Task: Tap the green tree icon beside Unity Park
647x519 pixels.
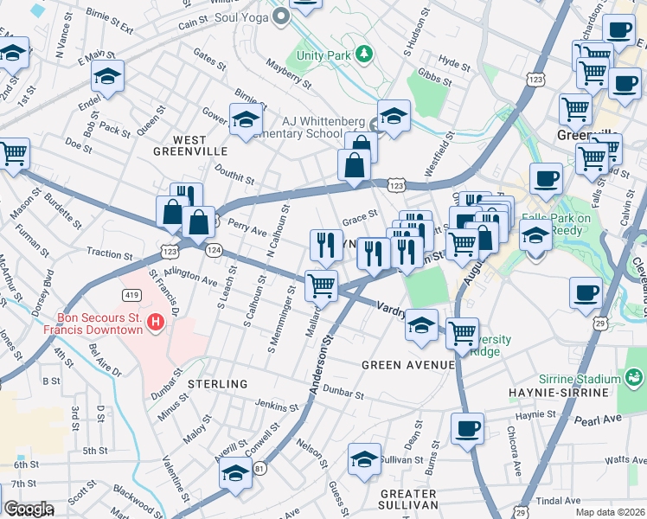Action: [364, 54]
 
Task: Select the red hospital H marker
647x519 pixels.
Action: [155, 324]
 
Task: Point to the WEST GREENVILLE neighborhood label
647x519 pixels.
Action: [177, 146]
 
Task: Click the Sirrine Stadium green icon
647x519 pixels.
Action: [635, 379]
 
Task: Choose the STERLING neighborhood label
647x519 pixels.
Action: [218, 383]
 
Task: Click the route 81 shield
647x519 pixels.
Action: [259, 469]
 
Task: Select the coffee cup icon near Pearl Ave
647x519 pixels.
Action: [468, 428]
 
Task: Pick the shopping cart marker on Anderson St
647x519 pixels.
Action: [321, 285]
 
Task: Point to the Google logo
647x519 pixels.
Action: [29, 509]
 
